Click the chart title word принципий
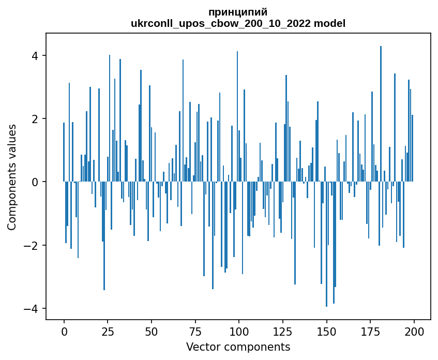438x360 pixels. [x=238, y=12]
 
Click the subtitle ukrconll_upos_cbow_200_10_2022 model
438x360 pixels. [x=238, y=24]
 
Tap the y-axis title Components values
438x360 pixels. [x=12, y=177]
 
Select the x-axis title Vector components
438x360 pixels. [x=238, y=347]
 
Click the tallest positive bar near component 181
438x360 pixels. [x=381, y=114]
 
